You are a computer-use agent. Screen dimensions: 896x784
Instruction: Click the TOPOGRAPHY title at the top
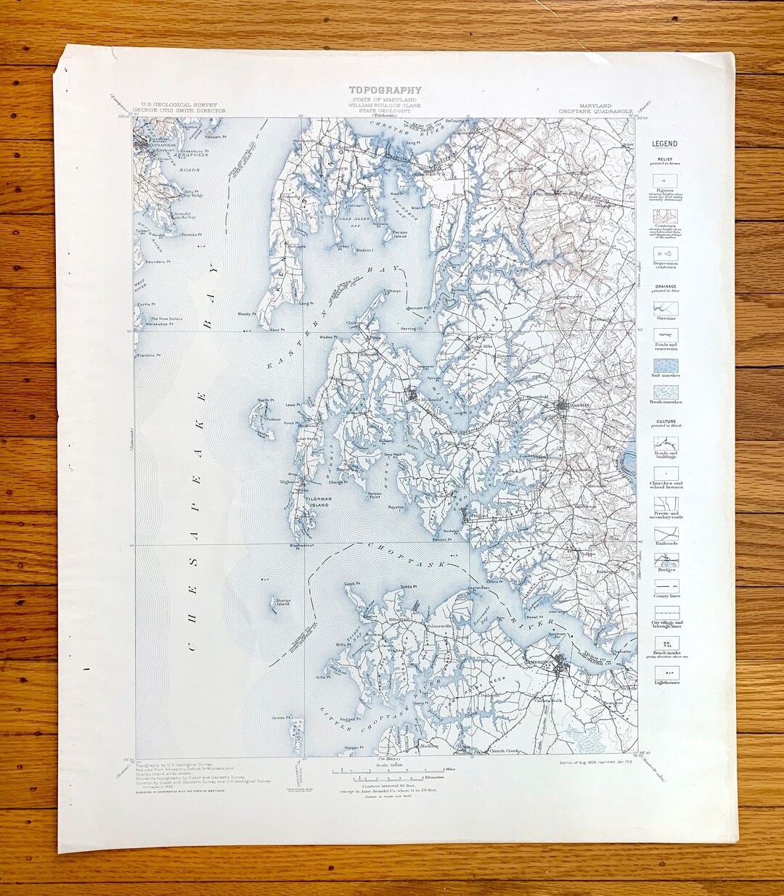[385, 91]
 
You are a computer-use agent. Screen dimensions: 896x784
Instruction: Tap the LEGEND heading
[664, 144]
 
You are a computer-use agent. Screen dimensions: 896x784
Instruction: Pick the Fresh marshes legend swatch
[665, 392]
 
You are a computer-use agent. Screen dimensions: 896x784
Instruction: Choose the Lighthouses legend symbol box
[665, 673]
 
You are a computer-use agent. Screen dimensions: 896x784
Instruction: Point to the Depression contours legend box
[665, 253]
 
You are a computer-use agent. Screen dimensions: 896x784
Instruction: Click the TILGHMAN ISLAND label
[317, 503]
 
